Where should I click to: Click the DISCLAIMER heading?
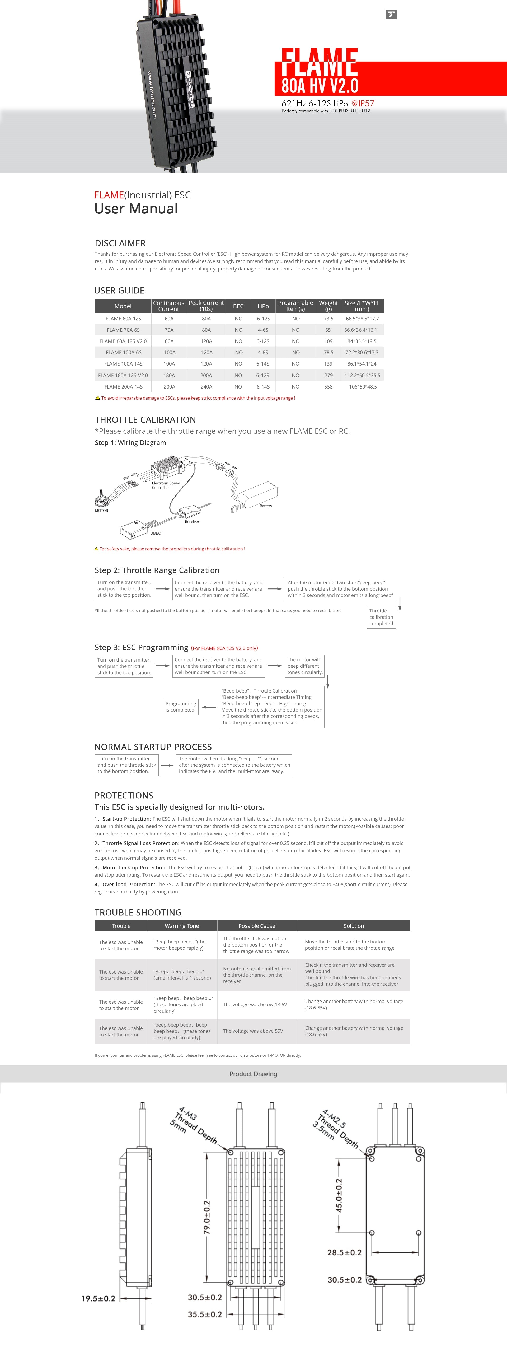[x=120, y=243]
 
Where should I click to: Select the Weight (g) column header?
[x=328, y=306]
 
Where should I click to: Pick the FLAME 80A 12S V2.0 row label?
[x=123, y=341]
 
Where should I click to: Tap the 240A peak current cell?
[x=206, y=387]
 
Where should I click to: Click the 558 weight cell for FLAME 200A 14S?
[x=328, y=387]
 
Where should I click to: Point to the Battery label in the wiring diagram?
[x=266, y=506]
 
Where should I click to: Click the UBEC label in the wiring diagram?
[x=155, y=533]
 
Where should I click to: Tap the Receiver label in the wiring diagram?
[x=191, y=522]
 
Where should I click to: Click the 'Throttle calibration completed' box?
[x=381, y=617]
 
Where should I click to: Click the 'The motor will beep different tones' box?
[x=304, y=666]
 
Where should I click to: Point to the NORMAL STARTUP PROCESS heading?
[x=153, y=747]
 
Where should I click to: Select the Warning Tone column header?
[x=182, y=926]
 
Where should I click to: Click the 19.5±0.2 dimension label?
[x=98, y=1298]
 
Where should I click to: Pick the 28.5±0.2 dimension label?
[x=344, y=1252]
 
